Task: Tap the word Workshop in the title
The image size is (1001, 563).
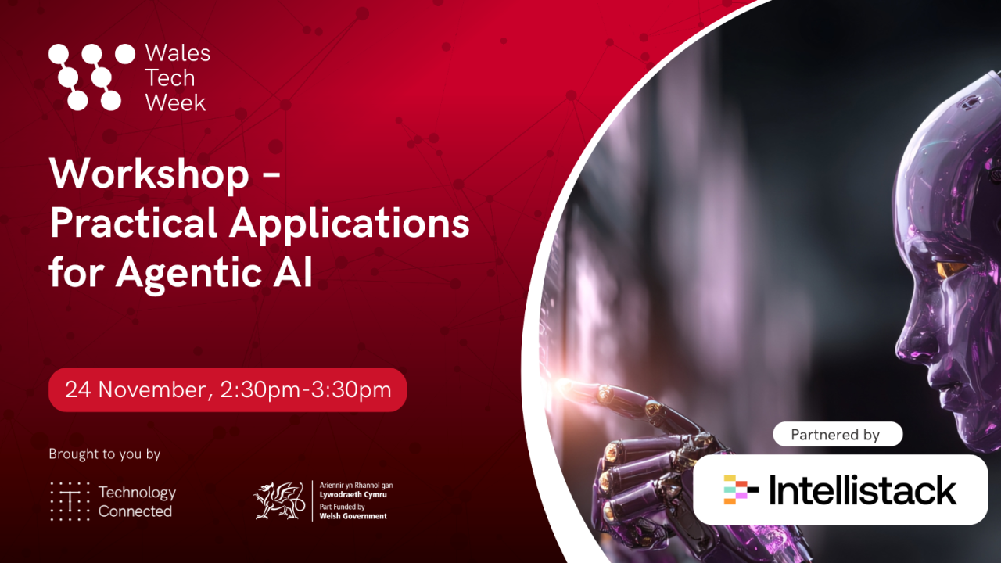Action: tap(149, 174)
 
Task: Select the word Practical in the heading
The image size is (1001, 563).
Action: tap(133, 224)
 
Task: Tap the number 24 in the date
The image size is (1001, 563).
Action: tap(77, 389)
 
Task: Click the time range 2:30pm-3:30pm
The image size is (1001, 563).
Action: tap(306, 389)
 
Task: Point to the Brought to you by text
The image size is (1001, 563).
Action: tap(104, 454)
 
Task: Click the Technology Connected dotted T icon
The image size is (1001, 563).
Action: tap(69, 501)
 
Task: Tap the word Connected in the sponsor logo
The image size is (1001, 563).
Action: tap(135, 511)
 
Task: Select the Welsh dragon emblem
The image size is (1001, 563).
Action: tap(279, 500)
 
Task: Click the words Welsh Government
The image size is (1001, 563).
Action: tap(353, 516)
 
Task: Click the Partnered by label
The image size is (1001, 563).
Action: tap(835, 435)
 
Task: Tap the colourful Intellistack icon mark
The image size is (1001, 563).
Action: tap(740, 490)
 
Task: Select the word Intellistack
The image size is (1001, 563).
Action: tap(863, 490)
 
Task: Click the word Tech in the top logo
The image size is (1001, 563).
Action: tap(170, 78)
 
